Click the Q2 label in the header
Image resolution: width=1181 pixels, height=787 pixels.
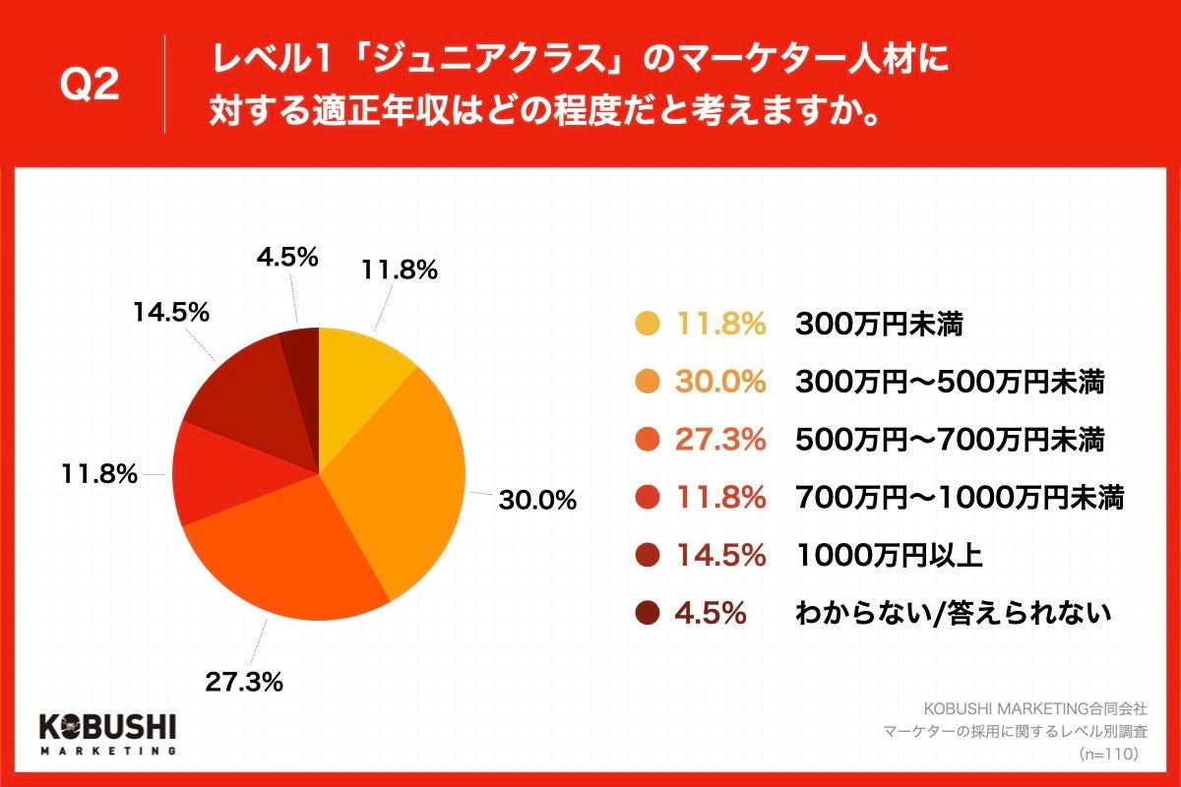pyautogui.click(x=90, y=87)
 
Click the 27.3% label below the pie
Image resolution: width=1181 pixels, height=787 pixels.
pyautogui.click(x=244, y=680)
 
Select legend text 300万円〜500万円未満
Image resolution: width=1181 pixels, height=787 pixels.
pyautogui.click(x=950, y=382)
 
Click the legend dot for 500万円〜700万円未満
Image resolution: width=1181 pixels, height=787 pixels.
pyautogui.click(x=647, y=440)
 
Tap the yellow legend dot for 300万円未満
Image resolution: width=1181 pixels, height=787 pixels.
pyautogui.click(x=647, y=324)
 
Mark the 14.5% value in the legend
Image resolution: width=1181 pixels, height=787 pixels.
pyautogui.click(x=719, y=555)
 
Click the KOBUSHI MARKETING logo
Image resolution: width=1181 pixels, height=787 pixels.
pyautogui.click(x=107, y=733)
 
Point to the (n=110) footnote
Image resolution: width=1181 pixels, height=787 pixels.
pyautogui.click(x=1108, y=753)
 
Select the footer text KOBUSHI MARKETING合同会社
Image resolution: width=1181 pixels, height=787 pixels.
pyautogui.click(x=1033, y=708)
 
